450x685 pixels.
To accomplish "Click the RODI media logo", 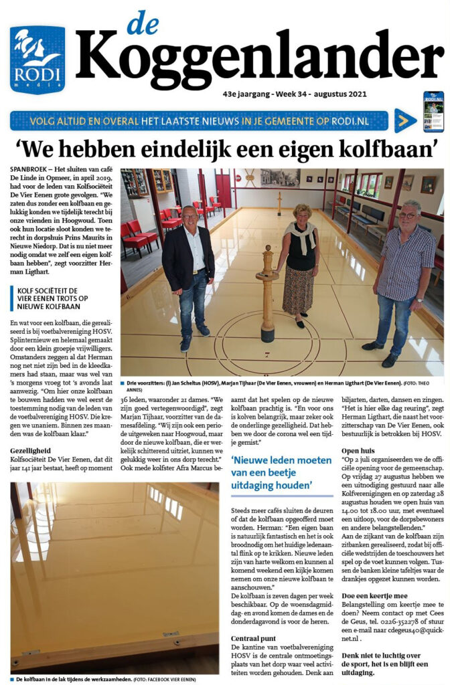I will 37,59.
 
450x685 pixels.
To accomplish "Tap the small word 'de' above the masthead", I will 143,23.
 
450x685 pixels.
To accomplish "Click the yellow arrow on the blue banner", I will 402,120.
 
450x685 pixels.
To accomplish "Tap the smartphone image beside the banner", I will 433,111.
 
